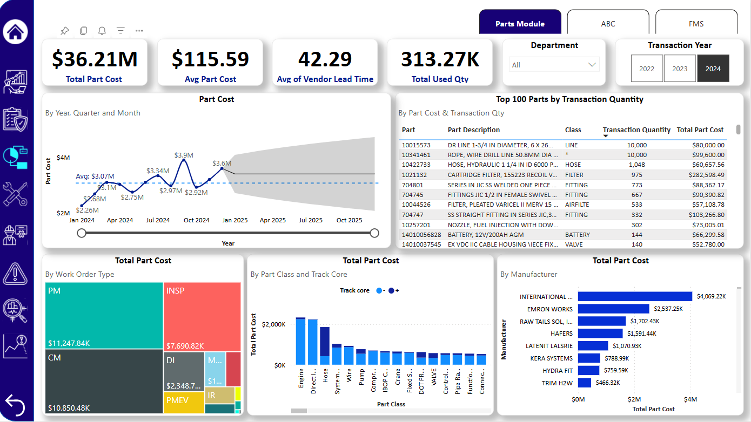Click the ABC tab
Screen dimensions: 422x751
pos(608,24)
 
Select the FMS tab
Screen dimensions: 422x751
pos(696,24)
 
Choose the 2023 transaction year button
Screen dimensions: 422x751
pos(680,69)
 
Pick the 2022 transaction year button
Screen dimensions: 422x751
pos(647,69)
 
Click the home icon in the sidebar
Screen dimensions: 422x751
pos(16,31)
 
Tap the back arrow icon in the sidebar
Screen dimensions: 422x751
pos(15,405)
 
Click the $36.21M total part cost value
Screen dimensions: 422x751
pos(95,59)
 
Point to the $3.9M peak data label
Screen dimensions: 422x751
pos(184,155)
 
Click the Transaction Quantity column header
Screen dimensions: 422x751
pos(636,130)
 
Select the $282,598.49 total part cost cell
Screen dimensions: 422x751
pos(700,175)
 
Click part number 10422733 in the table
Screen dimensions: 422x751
pos(416,165)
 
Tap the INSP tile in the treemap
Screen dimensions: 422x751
pos(202,316)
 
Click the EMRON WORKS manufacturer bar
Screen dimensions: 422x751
pos(613,309)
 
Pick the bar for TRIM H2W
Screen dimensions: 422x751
pos(584,383)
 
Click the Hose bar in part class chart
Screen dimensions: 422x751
pos(325,345)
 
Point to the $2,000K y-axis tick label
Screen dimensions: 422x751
pos(273,324)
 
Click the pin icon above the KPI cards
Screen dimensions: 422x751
pos(64,31)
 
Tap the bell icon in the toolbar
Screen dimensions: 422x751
pos(102,31)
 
